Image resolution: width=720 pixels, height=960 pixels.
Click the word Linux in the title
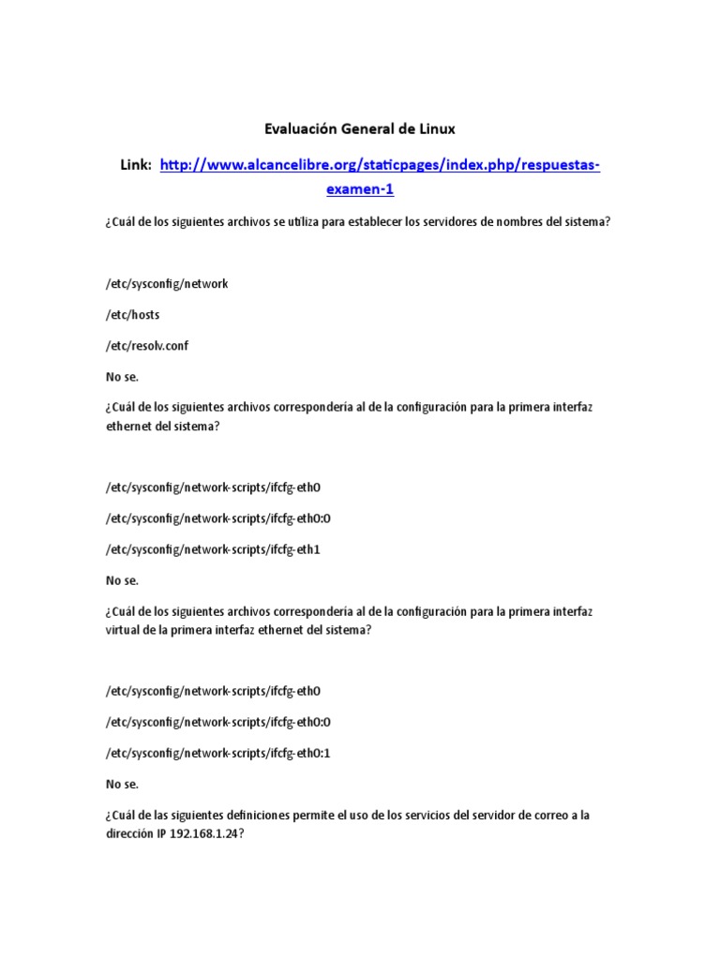pyautogui.click(x=435, y=127)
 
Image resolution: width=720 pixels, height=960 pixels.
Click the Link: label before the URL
pyautogui.click(x=136, y=165)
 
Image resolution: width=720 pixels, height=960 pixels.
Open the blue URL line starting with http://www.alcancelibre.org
pyautogui.click(x=380, y=165)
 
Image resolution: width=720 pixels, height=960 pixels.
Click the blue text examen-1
pyautogui.click(x=359, y=189)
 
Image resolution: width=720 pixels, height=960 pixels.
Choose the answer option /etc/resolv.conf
pyautogui.click(x=147, y=346)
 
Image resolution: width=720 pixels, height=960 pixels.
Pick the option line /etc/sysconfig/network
pyautogui.click(x=167, y=284)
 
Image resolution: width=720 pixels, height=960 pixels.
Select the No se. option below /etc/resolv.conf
pyautogui.click(x=122, y=377)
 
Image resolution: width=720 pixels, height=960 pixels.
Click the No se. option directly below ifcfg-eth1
pyautogui.click(x=122, y=580)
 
